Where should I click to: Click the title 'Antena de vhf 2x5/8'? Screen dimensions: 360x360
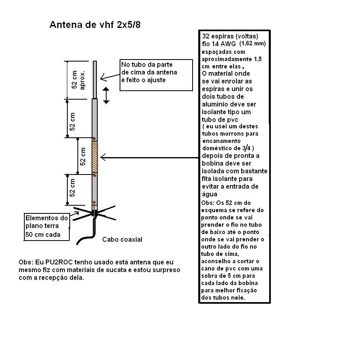point(95,25)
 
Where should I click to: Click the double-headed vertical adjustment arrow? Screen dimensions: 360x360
point(106,95)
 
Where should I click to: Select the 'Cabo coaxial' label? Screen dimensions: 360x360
point(122,239)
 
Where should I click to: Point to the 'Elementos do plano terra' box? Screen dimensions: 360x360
point(47,226)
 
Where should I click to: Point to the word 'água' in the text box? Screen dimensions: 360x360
point(210,194)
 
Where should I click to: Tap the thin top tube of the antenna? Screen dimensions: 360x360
point(95,79)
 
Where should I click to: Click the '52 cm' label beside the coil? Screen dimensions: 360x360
point(83,156)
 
